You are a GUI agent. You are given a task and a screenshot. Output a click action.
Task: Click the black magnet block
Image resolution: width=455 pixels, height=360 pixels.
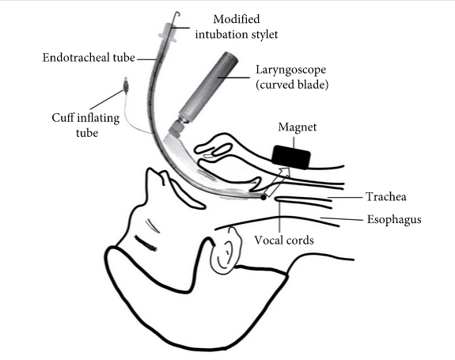pyautogui.click(x=291, y=157)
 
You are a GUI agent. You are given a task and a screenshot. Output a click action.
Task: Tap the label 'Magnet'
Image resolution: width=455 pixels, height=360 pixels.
pyautogui.click(x=298, y=127)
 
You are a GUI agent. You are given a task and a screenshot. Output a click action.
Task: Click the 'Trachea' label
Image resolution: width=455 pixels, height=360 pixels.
pyautogui.click(x=386, y=197)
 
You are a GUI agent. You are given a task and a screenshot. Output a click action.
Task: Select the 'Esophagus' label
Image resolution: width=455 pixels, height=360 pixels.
pyautogui.click(x=394, y=220)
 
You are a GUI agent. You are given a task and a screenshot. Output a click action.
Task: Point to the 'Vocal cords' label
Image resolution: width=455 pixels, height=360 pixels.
pyautogui.click(x=284, y=241)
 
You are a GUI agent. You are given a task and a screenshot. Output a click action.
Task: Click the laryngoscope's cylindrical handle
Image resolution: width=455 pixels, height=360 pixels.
pyautogui.click(x=208, y=85)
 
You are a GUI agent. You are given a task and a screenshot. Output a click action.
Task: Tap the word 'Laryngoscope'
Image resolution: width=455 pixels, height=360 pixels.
pyautogui.click(x=290, y=70)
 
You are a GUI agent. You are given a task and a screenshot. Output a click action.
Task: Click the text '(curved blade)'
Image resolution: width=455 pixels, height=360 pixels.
pyautogui.click(x=292, y=85)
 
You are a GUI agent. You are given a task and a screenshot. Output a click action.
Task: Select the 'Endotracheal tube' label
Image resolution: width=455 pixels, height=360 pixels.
pyautogui.click(x=89, y=58)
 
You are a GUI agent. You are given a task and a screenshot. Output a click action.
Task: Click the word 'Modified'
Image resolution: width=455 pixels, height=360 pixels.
pyautogui.click(x=237, y=19)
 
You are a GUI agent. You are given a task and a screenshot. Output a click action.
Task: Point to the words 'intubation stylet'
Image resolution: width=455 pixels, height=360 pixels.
pyautogui.click(x=237, y=34)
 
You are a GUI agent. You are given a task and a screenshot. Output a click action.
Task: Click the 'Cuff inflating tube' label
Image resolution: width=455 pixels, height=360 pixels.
pyautogui.click(x=86, y=125)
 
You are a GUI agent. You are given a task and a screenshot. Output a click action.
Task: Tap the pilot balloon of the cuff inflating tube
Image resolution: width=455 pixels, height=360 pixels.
pyautogui.click(x=127, y=86)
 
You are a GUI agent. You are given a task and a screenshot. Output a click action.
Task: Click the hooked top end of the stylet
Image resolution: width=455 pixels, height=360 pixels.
pyautogui.click(x=177, y=13)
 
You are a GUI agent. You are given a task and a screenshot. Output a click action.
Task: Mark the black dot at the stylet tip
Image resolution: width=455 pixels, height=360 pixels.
pyautogui.click(x=264, y=198)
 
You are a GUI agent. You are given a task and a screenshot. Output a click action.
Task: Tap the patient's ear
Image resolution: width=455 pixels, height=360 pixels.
pyautogui.click(x=226, y=252)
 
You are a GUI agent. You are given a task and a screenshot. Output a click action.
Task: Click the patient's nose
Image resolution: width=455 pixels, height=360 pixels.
pyautogui.click(x=157, y=177)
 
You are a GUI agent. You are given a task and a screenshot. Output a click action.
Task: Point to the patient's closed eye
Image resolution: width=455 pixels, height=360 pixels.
pyautogui.click(x=146, y=243)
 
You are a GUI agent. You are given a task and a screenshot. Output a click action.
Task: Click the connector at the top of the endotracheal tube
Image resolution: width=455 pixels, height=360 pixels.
pyautogui.click(x=168, y=33)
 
